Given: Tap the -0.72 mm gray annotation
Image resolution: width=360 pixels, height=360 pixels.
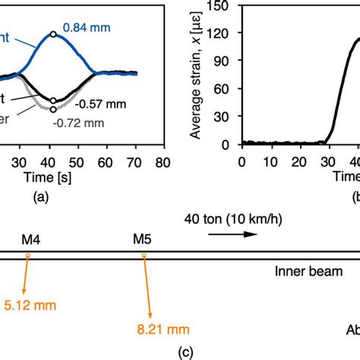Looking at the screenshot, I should tap(74, 120).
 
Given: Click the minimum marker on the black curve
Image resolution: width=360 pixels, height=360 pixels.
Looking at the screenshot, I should tap(52, 100).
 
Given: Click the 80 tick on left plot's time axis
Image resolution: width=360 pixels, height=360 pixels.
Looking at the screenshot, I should tap(161, 162).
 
